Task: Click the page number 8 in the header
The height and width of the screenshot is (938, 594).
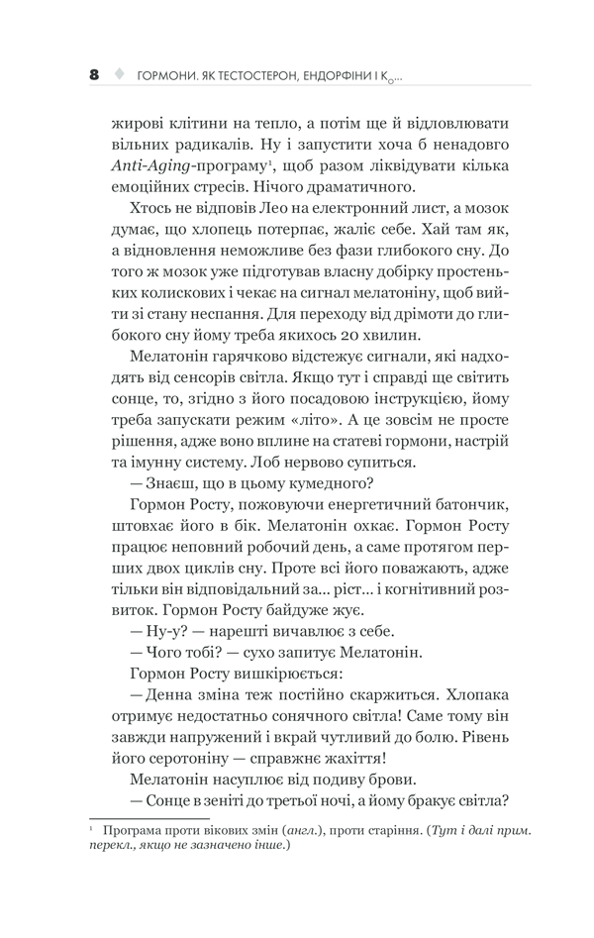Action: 94,74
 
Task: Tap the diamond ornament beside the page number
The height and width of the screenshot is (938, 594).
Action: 121,74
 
